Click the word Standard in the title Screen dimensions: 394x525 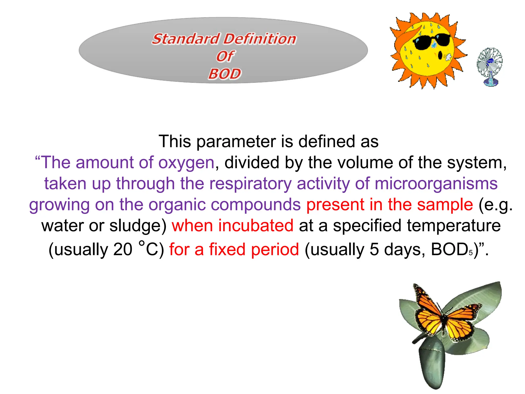point(186,39)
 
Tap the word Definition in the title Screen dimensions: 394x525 point(260,39)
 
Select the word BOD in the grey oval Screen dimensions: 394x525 point(225,74)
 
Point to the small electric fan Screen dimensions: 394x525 point(490,66)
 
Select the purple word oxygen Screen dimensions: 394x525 point(186,163)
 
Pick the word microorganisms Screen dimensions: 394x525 point(436,184)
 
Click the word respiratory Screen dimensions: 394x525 point(250,184)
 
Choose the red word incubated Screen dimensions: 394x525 point(256,226)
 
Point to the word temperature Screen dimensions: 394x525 point(453,226)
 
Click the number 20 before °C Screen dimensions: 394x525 point(123,249)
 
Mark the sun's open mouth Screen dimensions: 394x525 point(440,55)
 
